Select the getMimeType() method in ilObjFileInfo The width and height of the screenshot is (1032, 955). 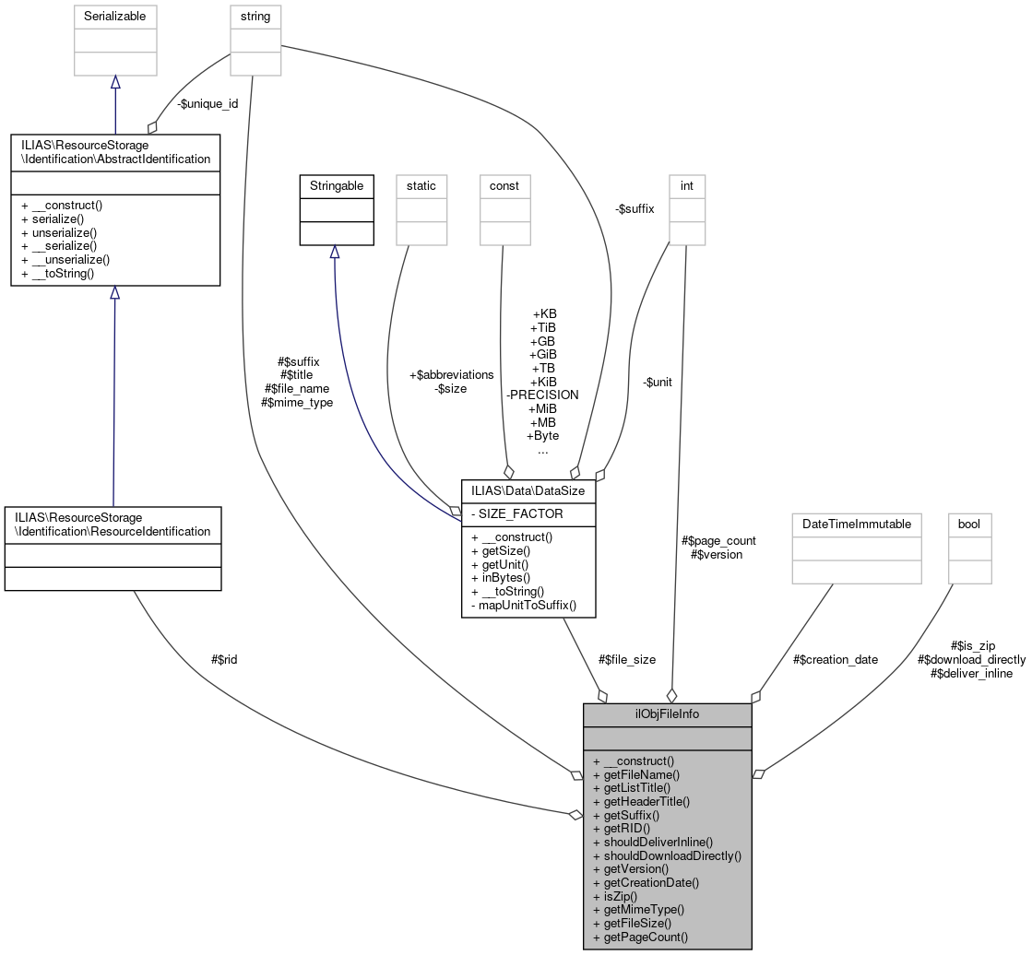[644, 909]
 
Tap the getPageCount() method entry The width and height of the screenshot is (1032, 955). [646, 937]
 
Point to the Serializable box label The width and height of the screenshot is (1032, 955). [115, 16]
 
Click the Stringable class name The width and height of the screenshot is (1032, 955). [337, 185]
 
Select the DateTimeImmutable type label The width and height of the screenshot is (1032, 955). [857, 524]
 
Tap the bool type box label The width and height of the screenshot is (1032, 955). [969, 524]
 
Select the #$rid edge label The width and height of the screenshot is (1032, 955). [224, 659]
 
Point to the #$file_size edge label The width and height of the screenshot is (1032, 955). [627, 659]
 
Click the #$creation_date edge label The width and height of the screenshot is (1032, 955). [836, 659]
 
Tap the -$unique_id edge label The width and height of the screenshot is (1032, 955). [208, 103]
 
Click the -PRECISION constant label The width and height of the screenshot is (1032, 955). [542, 395]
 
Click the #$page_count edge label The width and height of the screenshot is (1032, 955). [718, 541]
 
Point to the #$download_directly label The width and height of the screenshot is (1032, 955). [971, 659]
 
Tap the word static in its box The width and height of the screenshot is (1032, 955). [421, 185]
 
